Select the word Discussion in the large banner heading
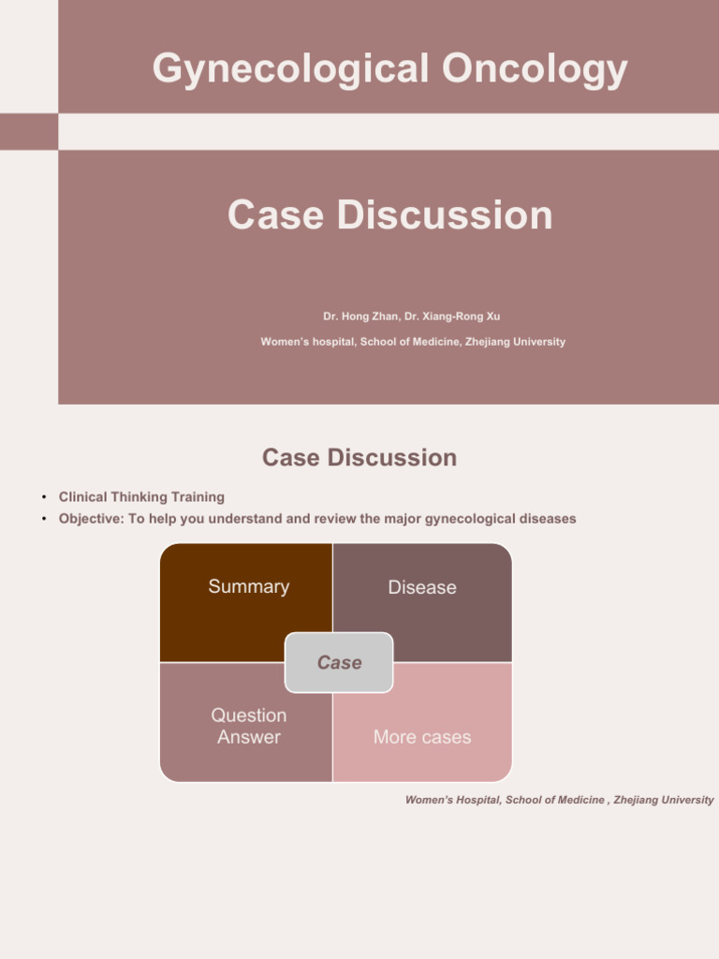445,214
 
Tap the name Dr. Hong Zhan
360,317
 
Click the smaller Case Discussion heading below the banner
359,457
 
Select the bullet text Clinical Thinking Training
141,497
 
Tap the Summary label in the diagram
248,586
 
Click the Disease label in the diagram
422,587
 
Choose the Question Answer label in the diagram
248,726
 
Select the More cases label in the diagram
422,737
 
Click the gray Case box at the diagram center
339,662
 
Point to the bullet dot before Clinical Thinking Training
43,497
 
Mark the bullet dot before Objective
43,519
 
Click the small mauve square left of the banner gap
28,131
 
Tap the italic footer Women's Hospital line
559,800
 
